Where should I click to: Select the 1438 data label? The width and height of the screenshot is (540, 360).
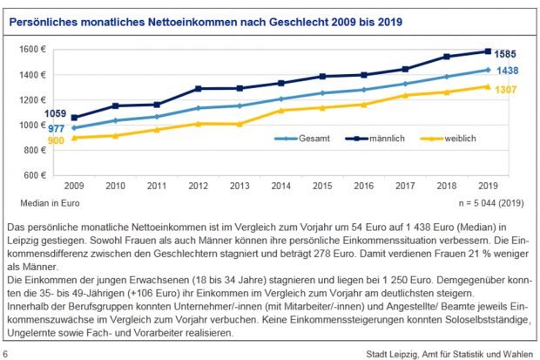click(x=511, y=71)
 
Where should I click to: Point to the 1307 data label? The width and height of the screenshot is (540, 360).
click(x=511, y=89)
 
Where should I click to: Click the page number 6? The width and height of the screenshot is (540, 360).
click(x=7, y=353)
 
